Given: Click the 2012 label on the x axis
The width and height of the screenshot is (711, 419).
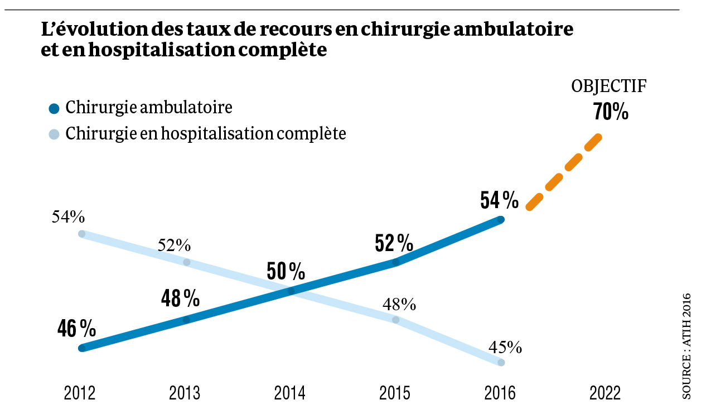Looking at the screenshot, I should pos(80,394).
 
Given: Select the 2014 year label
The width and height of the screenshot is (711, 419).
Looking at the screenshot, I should pos(290,394).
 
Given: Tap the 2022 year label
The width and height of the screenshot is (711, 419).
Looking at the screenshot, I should pos(605,394).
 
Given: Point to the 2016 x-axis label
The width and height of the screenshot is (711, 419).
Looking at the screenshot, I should pos(500,394).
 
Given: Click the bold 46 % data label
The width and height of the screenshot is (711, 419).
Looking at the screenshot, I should pos(76,329).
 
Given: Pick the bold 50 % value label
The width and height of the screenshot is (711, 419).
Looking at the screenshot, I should pos(286,271).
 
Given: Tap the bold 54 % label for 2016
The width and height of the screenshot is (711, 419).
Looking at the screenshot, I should pos(500,199).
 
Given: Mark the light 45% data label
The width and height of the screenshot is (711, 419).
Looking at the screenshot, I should pos(505,348).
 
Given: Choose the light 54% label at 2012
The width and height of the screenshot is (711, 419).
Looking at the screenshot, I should pos(68,216).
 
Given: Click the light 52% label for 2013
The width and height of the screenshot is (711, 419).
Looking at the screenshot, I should pos(174,245).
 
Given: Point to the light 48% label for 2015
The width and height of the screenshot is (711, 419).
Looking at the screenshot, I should pos(399,304).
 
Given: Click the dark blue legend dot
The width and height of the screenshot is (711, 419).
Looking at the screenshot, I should pos(54,109).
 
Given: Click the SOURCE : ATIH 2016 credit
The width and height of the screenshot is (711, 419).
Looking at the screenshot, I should pos(686,346).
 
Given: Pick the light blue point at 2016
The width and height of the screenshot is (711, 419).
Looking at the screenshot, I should pos(501,363).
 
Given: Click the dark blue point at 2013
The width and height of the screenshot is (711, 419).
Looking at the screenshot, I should pos(186,320).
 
